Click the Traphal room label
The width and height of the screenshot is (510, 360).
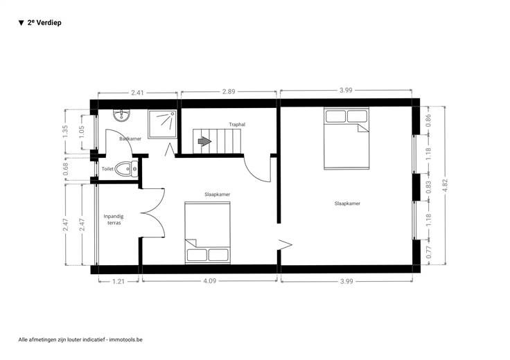point(237,125)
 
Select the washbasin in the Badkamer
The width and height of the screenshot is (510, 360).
point(122,116)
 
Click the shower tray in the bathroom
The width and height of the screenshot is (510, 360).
point(163,124)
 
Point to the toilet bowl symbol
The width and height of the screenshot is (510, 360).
point(126,169)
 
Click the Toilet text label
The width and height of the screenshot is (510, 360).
point(107,169)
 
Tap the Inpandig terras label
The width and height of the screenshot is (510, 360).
point(114,219)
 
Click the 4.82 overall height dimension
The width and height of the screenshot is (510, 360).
point(446,186)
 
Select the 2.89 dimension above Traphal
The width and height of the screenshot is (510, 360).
point(229,91)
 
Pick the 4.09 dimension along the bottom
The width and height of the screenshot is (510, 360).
point(209,280)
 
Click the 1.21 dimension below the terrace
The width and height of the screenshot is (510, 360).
point(118,281)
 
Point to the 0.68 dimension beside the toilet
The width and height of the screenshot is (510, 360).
point(66,169)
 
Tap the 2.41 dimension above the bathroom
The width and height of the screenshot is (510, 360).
point(137,93)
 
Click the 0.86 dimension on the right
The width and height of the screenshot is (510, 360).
point(428,120)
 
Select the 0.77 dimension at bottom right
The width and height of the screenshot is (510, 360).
point(429,253)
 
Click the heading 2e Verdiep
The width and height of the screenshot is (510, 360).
point(44,23)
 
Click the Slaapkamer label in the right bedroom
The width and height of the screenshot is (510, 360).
point(347,204)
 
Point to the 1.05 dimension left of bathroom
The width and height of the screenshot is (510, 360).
point(82,132)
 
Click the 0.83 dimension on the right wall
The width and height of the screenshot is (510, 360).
point(428,187)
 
